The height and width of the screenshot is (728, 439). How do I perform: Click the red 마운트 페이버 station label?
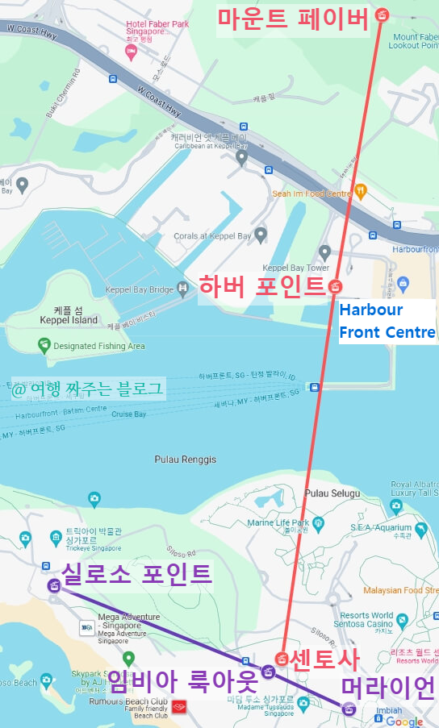(x=293, y=18)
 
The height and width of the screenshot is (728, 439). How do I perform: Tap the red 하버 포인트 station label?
(x=262, y=286)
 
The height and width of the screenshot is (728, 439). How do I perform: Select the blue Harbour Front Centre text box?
(x=387, y=321)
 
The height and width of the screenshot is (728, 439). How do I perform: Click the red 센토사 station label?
(x=324, y=659)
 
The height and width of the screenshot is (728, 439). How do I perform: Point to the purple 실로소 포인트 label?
(x=136, y=574)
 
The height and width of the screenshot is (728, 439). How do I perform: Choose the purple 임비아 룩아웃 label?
(x=182, y=682)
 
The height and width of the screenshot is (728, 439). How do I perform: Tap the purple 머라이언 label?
(x=388, y=688)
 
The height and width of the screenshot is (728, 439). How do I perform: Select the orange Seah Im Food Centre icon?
(x=361, y=191)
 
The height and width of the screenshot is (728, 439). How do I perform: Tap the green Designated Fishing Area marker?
(x=45, y=346)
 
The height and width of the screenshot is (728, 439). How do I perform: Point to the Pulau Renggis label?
(x=186, y=460)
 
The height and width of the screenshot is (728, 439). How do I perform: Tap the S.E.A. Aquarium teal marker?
(x=395, y=507)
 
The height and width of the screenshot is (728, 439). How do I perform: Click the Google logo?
(x=403, y=722)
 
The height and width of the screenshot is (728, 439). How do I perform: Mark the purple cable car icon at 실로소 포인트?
(x=54, y=586)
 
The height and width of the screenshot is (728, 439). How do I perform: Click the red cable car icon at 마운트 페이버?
(x=383, y=15)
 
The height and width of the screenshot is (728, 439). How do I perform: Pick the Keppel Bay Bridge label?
(x=140, y=289)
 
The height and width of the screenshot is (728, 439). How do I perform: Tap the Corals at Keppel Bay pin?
(x=260, y=235)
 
